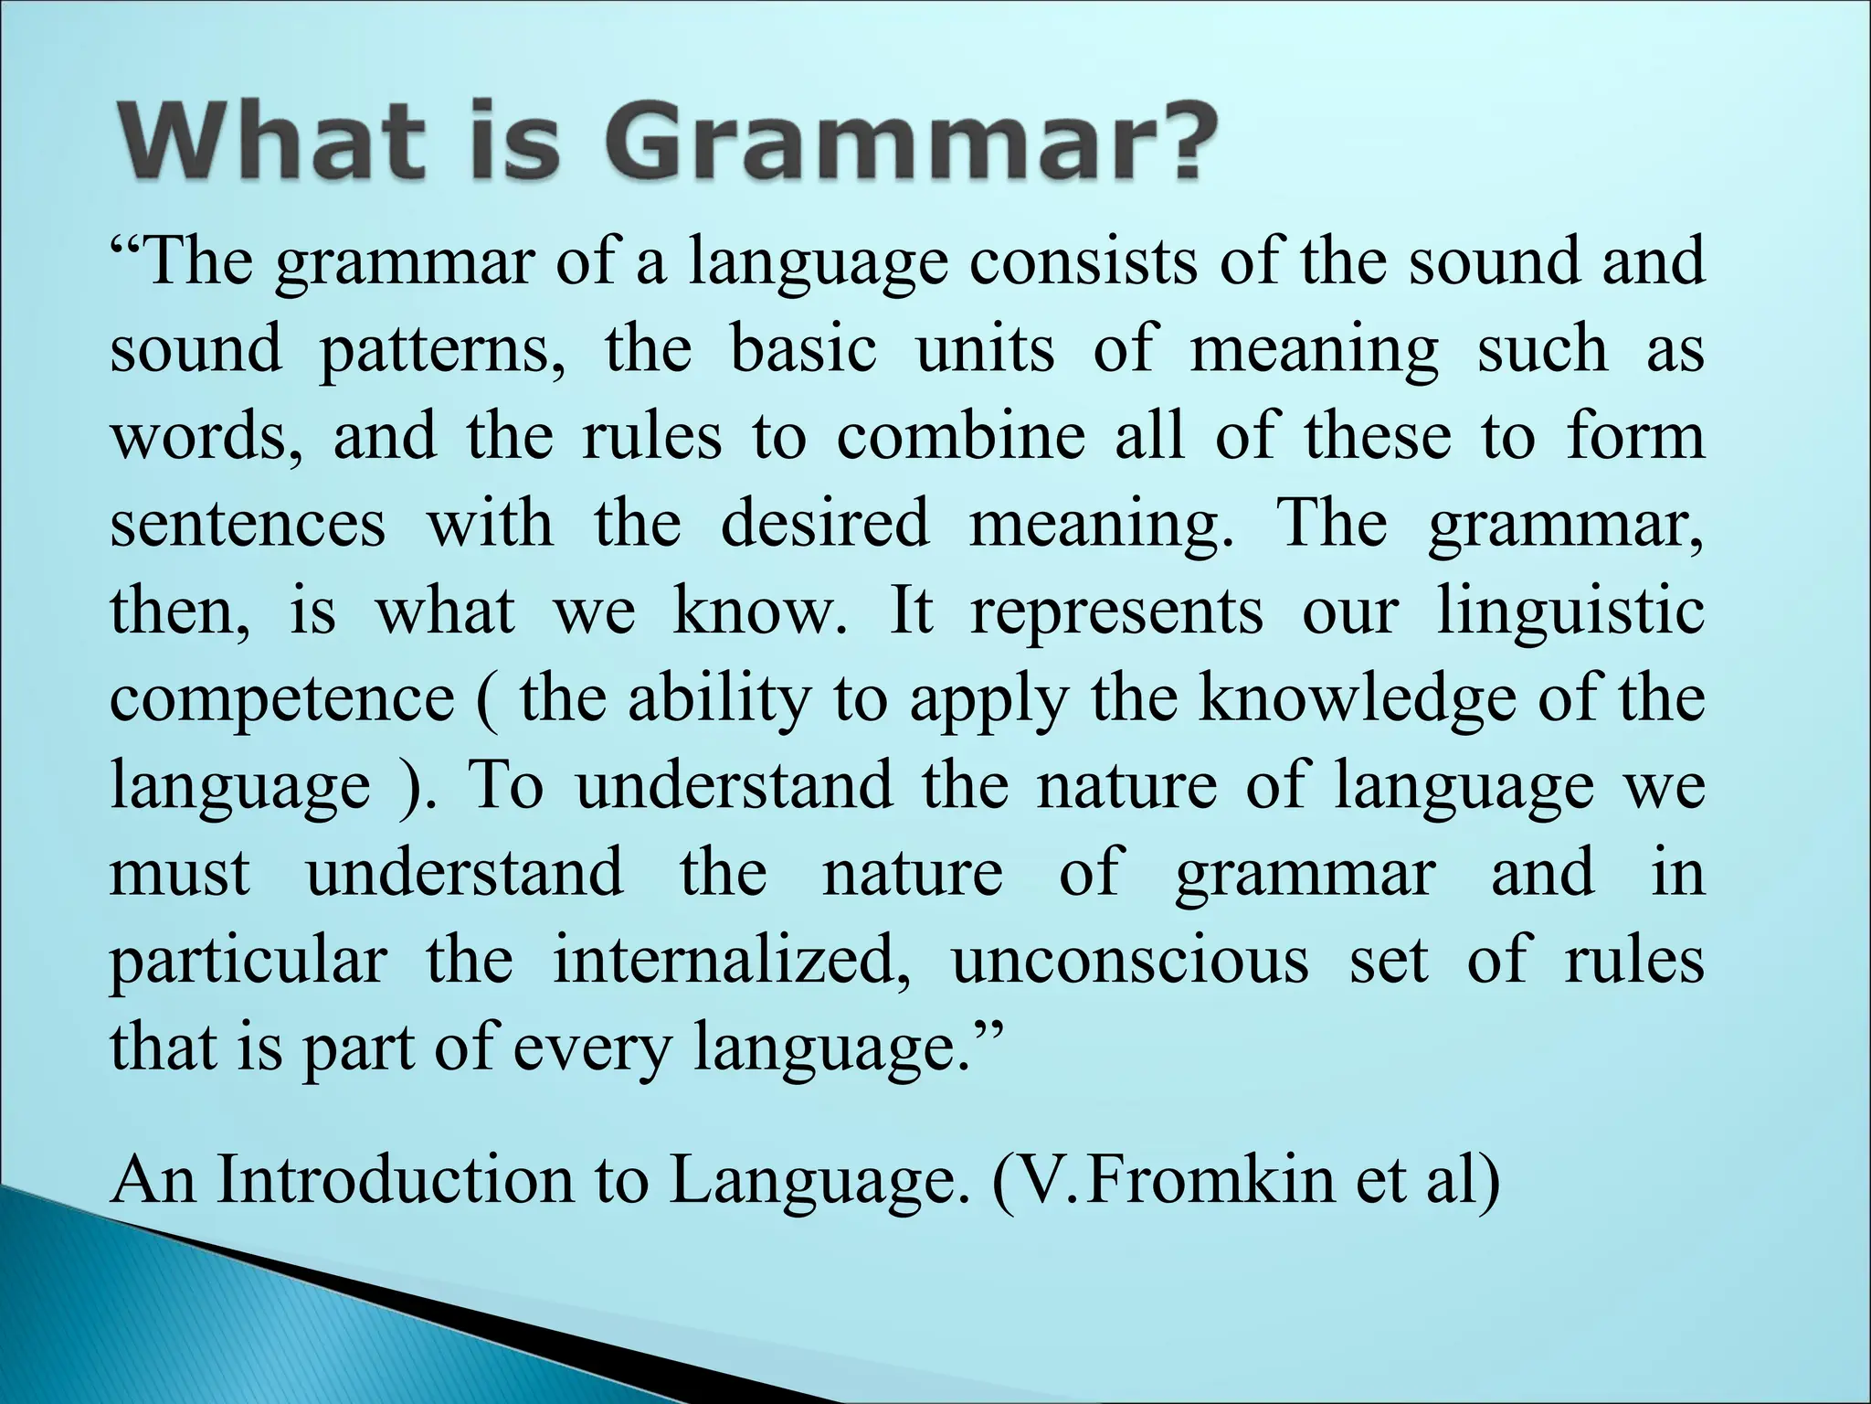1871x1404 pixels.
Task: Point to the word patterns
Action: [x=441, y=351]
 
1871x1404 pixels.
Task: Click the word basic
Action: [x=803, y=349]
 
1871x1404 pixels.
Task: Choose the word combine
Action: [x=960, y=436]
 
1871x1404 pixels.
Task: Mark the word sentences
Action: [x=248, y=524]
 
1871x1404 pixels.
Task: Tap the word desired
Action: [x=824, y=524]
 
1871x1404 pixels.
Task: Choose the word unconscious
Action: [x=1130, y=961]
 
